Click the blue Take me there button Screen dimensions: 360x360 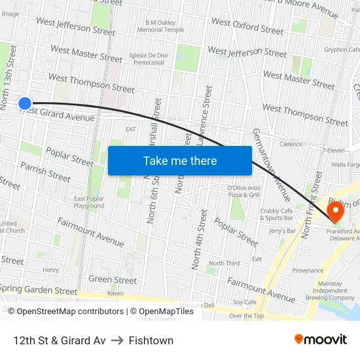(x=179, y=160)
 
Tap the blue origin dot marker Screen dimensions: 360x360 (x=25, y=103)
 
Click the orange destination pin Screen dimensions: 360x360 (x=336, y=211)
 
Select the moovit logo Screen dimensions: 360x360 (x=320, y=340)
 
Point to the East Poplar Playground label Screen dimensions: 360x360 (x=89, y=202)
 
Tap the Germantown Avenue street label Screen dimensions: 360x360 (x=273, y=166)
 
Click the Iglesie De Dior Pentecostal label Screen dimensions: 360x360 (x=149, y=59)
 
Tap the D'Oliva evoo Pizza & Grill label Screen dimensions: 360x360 (x=245, y=191)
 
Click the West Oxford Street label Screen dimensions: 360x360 (x=247, y=26)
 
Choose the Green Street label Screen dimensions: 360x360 (x=113, y=280)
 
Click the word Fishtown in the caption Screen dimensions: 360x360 (x=151, y=340)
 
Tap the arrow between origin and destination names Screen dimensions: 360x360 (x=117, y=340)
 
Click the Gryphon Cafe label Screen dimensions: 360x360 (x=342, y=49)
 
